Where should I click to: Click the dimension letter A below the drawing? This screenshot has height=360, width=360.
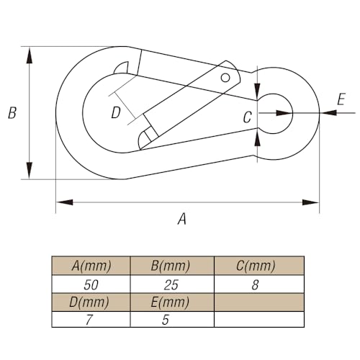(182, 219)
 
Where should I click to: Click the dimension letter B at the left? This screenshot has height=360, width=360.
(12, 113)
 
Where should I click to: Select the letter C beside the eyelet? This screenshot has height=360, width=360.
(247, 117)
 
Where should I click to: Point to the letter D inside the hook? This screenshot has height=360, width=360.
(116, 113)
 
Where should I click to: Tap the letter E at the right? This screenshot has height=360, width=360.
(341, 99)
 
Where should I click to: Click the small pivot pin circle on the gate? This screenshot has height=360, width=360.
(225, 78)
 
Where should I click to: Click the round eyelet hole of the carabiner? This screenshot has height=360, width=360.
(275, 113)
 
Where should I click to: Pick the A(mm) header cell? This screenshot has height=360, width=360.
(91, 266)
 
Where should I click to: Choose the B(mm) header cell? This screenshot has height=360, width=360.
(172, 266)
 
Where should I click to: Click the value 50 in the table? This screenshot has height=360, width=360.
(91, 285)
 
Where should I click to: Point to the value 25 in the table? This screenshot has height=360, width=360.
(171, 285)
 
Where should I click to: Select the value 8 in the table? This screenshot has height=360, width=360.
(255, 285)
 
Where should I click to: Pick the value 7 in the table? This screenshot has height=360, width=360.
(89, 320)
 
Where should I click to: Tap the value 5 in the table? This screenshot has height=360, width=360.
(166, 320)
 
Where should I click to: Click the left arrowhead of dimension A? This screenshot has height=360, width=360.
(64, 202)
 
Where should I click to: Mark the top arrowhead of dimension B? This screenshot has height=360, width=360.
(30, 55)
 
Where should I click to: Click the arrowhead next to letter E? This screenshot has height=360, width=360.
(328, 112)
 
